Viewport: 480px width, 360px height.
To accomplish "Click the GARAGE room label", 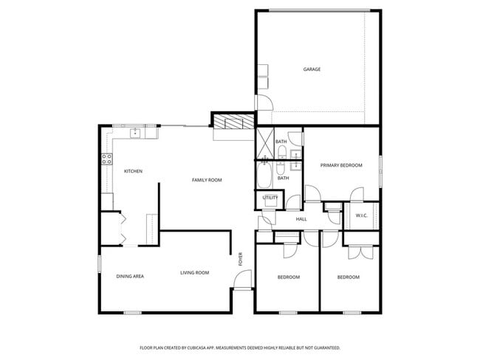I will (312, 70).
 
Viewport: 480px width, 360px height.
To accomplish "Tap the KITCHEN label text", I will (133, 171).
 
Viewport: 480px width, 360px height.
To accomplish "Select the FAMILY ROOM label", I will (207, 180).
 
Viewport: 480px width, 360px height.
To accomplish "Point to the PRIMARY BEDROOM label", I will (341, 165).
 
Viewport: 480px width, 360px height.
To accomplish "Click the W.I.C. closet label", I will (362, 215).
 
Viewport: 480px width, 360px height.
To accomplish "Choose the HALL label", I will (301, 219).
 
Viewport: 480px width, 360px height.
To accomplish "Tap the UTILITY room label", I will (270, 198).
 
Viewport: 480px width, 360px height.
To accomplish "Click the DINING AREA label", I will (130, 276).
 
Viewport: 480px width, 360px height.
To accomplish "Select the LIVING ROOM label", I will (195, 273).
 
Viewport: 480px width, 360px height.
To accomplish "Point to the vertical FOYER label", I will (240, 259).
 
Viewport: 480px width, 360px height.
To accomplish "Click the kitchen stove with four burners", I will (106, 158).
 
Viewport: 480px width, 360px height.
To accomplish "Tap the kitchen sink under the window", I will (136, 134).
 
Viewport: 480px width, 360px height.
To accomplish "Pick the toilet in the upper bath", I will (282, 153).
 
